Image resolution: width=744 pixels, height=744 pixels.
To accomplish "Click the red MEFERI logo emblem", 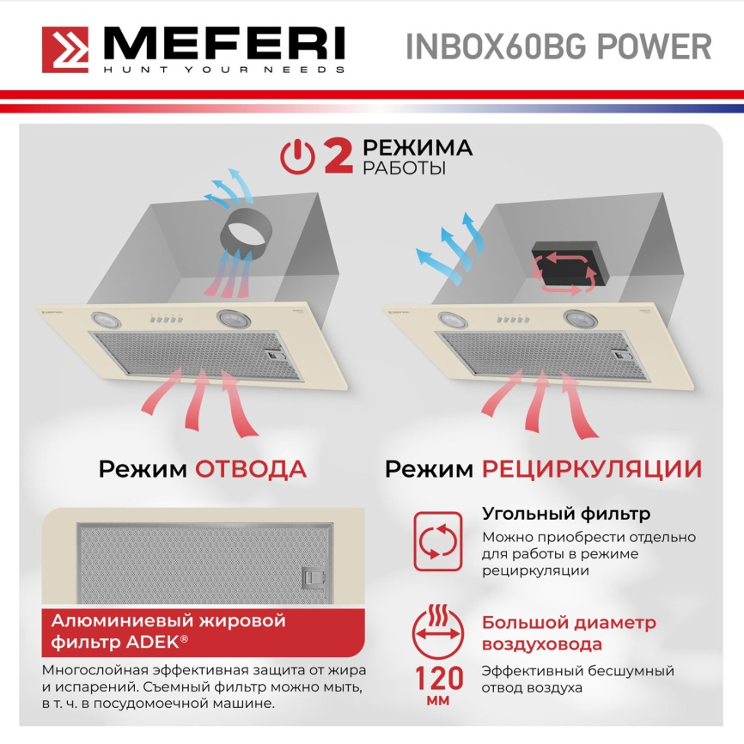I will (x=69, y=50).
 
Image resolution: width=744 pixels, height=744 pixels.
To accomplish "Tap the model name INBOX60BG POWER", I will (x=558, y=46).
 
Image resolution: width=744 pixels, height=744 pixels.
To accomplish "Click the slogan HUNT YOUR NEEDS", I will (x=223, y=69).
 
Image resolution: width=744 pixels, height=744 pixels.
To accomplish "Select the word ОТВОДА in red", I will (x=251, y=469).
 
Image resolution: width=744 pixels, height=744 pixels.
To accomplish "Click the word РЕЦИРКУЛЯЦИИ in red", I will (x=591, y=469).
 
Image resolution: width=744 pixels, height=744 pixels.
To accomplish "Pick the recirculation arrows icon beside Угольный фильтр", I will (x=439, y=541).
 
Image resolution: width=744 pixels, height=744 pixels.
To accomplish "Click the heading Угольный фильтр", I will (x=565, y=515).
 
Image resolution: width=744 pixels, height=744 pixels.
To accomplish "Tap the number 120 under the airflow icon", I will (x=439, y=679).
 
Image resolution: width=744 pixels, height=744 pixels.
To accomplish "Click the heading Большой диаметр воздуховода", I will (x=569, y=633).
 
